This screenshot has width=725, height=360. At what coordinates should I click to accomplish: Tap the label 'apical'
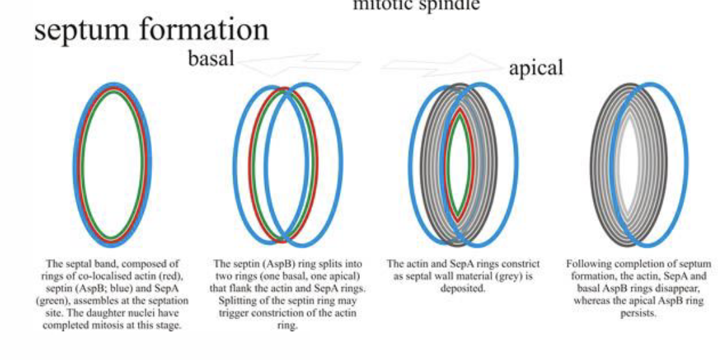click(x=535, y=68)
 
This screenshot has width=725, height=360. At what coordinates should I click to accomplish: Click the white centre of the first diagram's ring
click(x=112, y=165)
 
